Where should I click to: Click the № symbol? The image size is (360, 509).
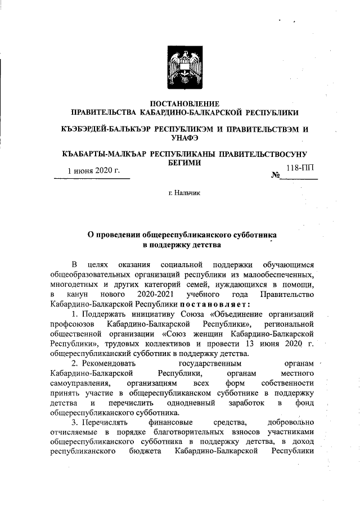[x=276, y=175]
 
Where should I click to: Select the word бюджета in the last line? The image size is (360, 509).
[x=144, y=451]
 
